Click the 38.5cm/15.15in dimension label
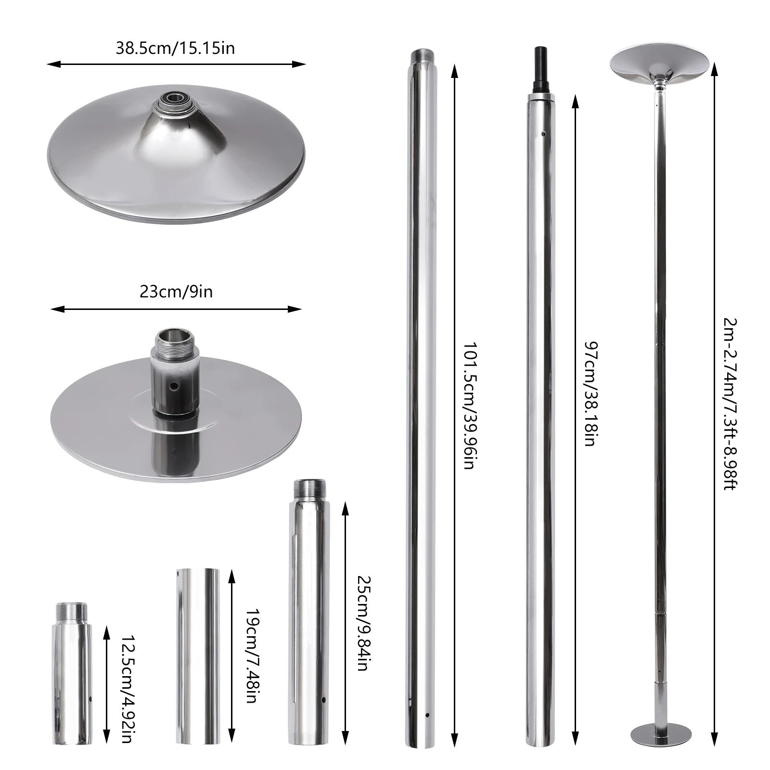click(175, 49)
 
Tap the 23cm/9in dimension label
click(176, 292)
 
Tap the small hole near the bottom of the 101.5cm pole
click(426, 716)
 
